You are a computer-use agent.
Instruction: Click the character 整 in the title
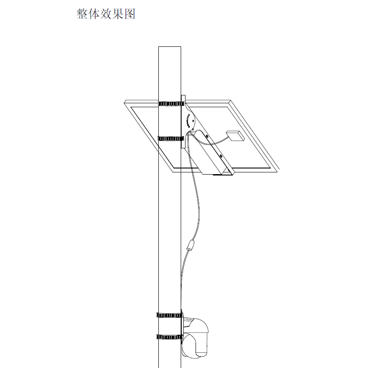pyautogui.click(x=82, y=14)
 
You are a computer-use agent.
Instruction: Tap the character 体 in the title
pyautogui.click(x=94, y=14)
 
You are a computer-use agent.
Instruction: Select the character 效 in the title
pyautogui.click(x=106, y=14)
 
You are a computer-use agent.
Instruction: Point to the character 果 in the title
pyautogui.click(x=118, y=14)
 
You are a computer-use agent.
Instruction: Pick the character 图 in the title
pyautogui.click(x=129, y=14)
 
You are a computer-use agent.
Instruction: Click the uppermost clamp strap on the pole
pyautogui.click(x=171, y=104)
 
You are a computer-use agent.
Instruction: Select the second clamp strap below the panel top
pyautogui.click(x=171, y=139)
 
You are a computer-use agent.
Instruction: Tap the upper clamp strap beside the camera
pyautogui.click(x=169, y=315)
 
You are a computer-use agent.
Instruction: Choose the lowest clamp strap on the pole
pyautogui.click(x=169, y=337)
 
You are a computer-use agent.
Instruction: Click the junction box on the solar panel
pyautogui.click(x=235, y=136)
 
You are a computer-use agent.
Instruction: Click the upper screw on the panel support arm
pyautogui.click(x=207, y=137)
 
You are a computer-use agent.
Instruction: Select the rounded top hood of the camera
pyautogui.click(x=199, y=326)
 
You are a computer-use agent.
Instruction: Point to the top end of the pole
pyautogui.click(x=170, y=47)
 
